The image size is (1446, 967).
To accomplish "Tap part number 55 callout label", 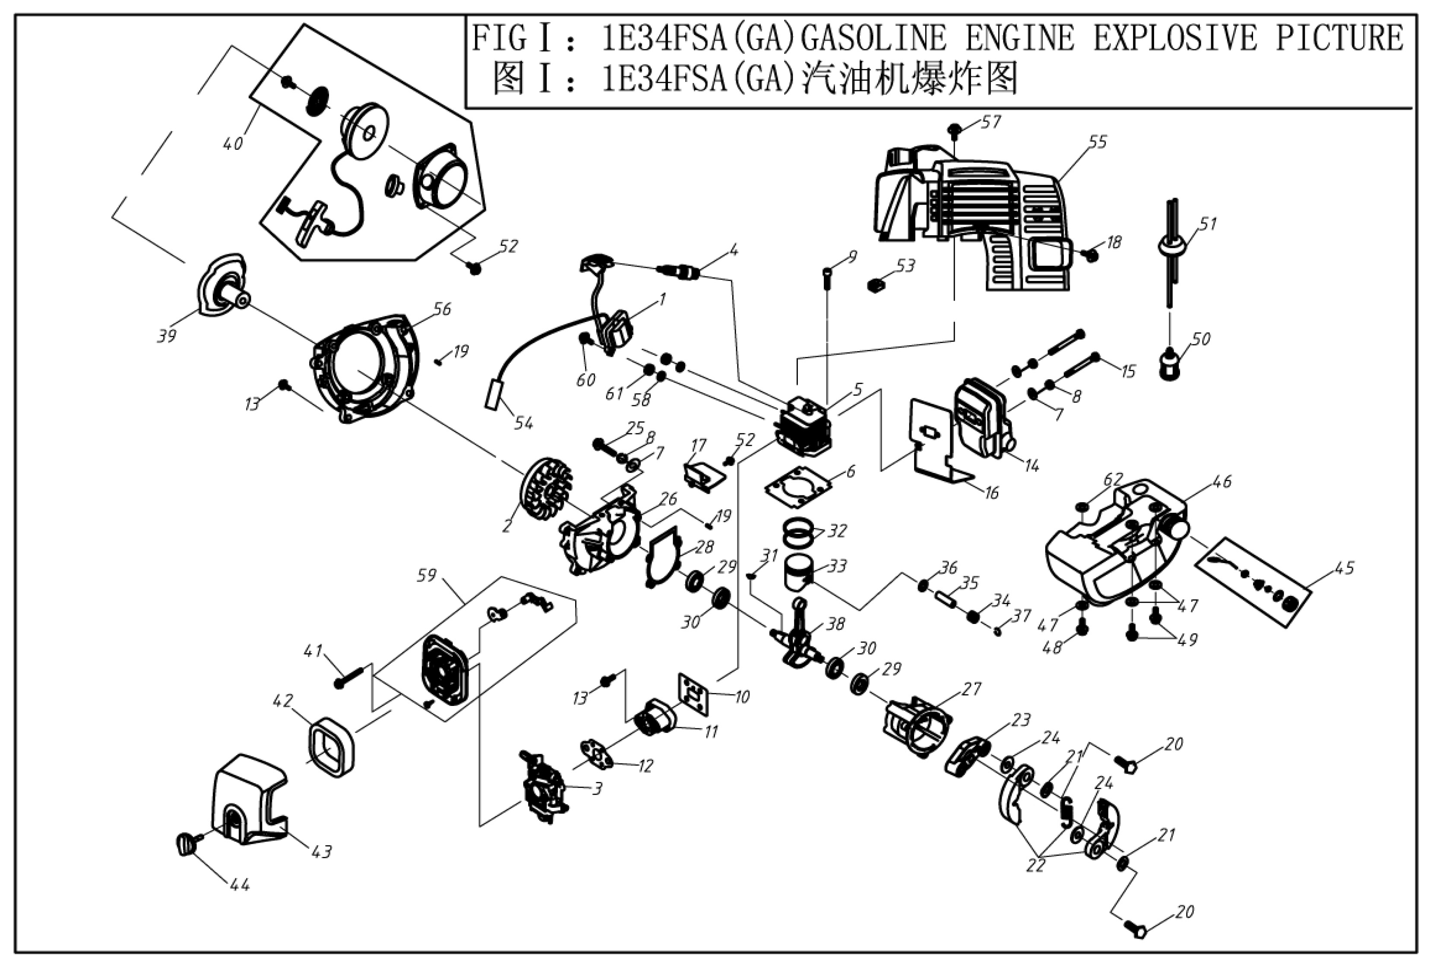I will (1097, 142).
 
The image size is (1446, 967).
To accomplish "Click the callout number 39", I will (167, 336).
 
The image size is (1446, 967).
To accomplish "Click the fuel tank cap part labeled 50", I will (1169, 363).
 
